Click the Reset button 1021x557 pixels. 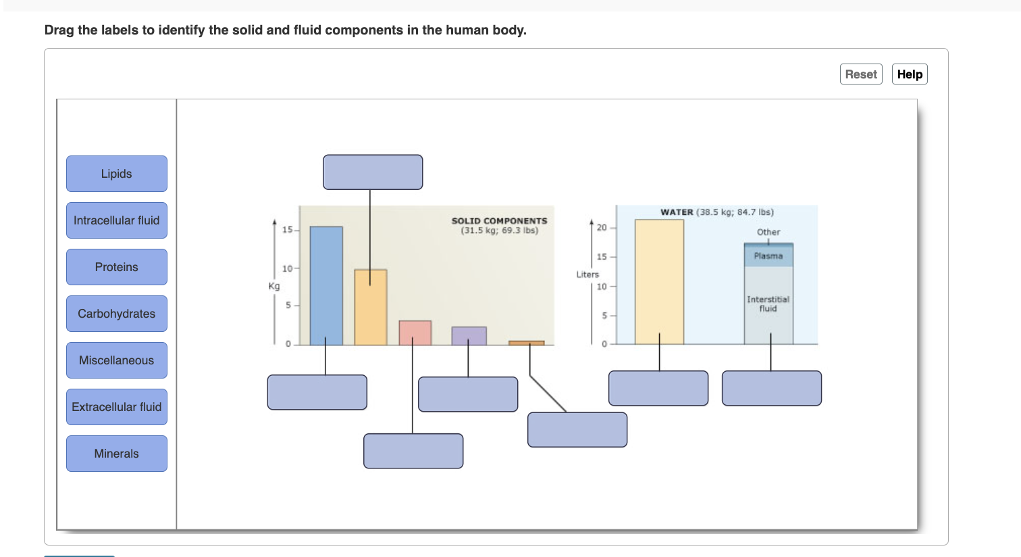(861, 74)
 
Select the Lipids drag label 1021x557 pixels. (116, 174)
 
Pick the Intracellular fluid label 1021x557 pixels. (116, 220)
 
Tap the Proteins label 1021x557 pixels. (116, 267)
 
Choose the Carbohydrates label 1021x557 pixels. (116, 314)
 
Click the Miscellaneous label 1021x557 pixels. (116, 360)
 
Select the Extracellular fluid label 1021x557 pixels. (116, 407)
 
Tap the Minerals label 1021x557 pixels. (116, 454)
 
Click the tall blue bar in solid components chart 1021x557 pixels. (326, 284)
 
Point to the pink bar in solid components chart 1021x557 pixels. (415, 333)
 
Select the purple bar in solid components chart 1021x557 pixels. (469, 335)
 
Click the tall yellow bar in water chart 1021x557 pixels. (659, 281)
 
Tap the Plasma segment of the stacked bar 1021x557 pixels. (768, 256)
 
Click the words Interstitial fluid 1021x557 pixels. (768, 304)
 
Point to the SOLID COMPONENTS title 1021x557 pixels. (499, 221)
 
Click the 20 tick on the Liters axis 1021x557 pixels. (602, 227)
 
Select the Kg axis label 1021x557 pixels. (273, 286)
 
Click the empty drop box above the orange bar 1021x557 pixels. (373, 172)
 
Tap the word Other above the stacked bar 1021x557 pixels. (768, 232)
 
